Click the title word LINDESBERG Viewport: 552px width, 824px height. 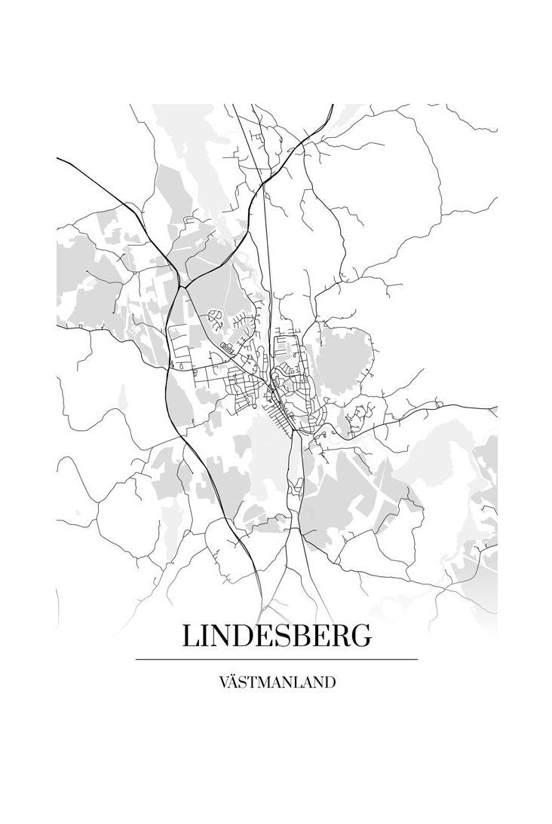coord(276,636)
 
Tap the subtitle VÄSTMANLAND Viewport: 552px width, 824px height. coord(276,683)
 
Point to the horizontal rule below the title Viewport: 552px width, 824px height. coord(276,659)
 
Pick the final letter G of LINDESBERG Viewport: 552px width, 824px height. coord(361,636)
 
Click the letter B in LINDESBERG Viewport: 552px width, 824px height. coord(300,636)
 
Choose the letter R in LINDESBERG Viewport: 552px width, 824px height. coord(340,636)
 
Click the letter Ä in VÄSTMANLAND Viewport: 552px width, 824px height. coord(232,683)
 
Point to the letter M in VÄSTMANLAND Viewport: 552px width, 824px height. coord(259,683)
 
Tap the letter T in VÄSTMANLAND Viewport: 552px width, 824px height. coord(247,683)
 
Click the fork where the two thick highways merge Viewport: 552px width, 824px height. coord(180,286)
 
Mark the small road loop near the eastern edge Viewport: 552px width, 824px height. coord(438,404)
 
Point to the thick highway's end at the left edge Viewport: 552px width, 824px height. coord(58,158)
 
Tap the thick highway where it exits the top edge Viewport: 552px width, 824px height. coord(332,105)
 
